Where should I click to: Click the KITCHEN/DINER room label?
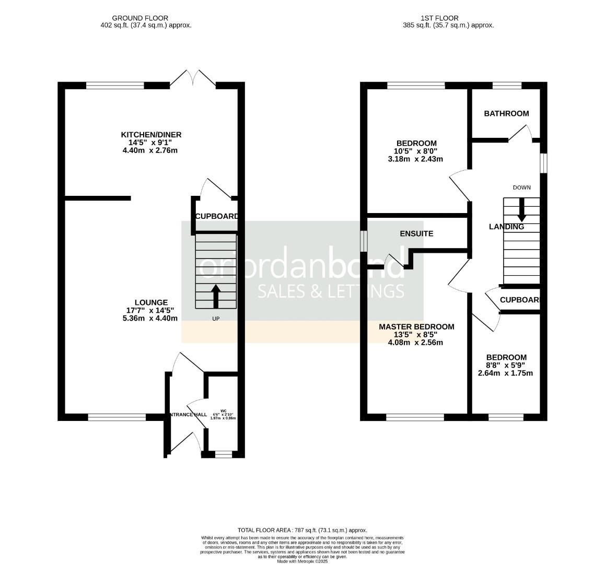click(x=151, y=135)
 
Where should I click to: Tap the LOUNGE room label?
click(x=151, y=302)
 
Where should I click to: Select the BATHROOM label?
click(x=506, y=113)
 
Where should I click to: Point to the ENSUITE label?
click(x=416, y=233)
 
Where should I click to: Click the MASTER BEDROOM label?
click(x=416, y=327)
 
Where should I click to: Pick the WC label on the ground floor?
click(x=223, y=410)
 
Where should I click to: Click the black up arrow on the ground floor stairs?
click(x=216, y=296)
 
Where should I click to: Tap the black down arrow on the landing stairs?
click(x=521, y=210)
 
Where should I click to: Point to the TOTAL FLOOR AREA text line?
click(x=302, y=530)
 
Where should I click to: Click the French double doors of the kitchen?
click(x=193, y=78)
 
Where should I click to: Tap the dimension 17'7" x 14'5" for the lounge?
click(x=151, y=310)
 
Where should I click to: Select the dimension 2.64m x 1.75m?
click(x=505, y=373)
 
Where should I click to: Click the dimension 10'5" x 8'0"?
click(x=416, y=151)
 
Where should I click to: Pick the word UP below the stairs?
click(x=216, y=319)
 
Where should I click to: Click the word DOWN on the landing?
click(x=521, y=187)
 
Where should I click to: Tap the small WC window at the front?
click(x=223, y=455)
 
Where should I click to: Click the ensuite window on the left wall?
click(x=364, y=241)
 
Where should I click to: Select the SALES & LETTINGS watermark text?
click(x=331, y=291)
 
